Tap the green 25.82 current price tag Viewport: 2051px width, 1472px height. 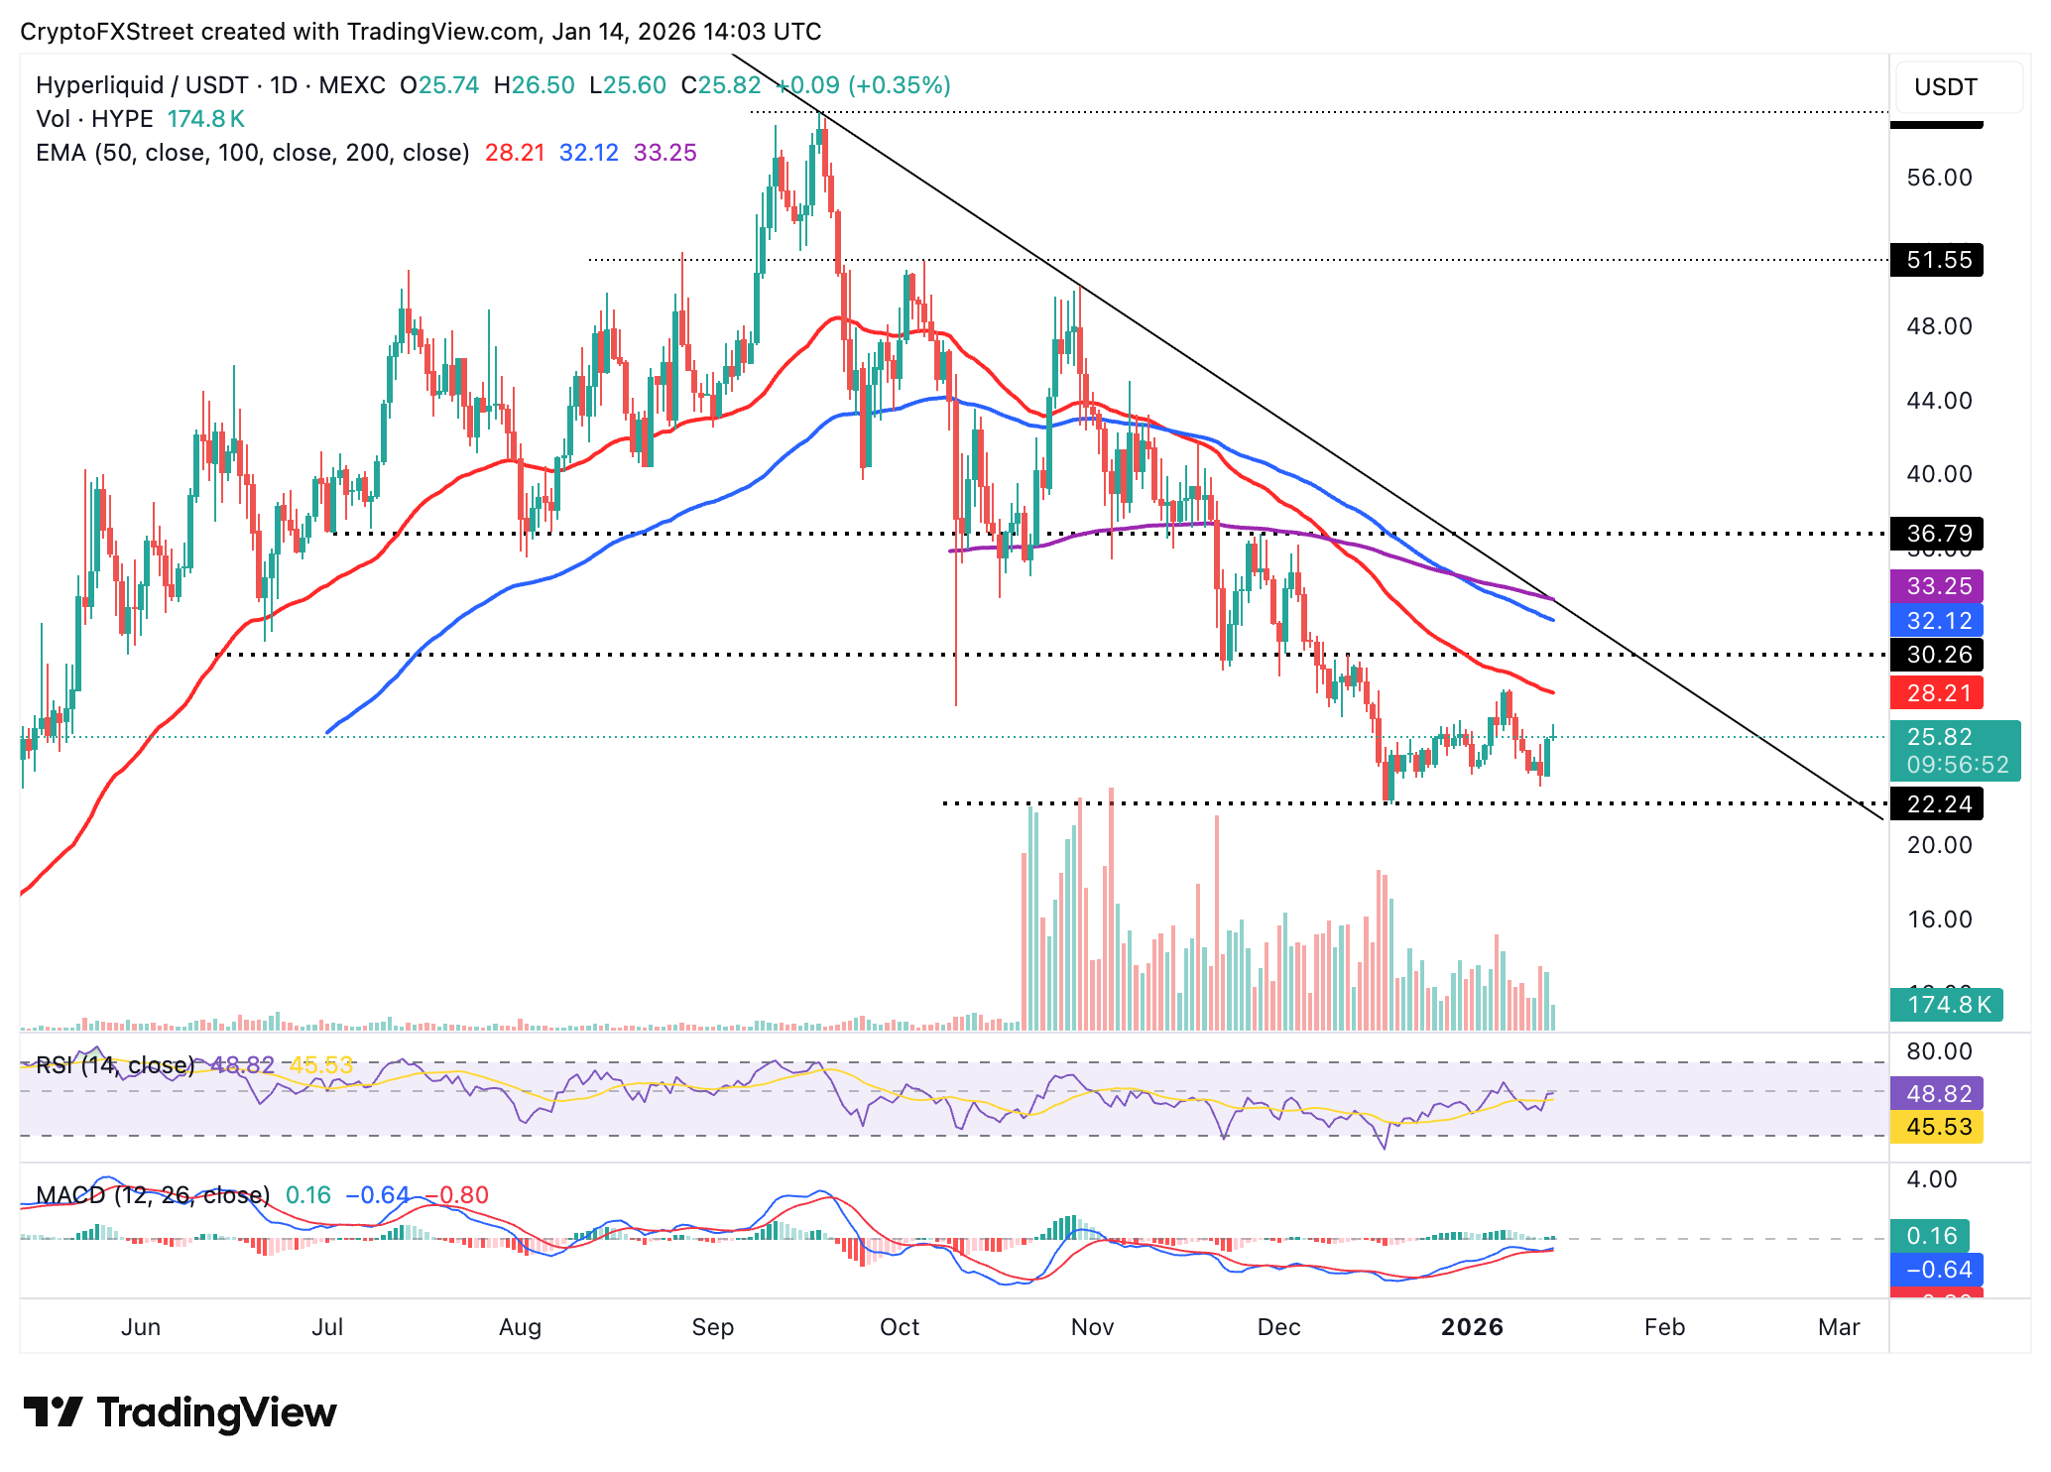(1954, 738)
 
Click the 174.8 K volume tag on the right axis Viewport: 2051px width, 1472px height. (1946, 1004)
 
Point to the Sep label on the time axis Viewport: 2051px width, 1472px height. (712, 1327)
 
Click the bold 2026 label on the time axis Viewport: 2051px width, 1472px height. (1472, 1327)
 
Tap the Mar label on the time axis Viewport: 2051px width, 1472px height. (1838, 1327)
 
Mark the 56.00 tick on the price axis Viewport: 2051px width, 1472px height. (1939, 178)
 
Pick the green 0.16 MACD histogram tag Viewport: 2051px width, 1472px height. (1930, 1236)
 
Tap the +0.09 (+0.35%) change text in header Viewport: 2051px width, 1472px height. (863, 85)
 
